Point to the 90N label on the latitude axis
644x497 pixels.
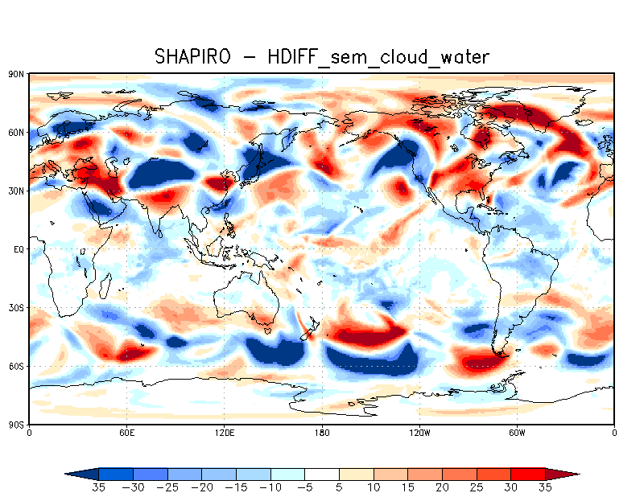coord(15,74)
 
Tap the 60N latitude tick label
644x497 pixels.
coord(15,133)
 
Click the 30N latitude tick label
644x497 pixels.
coord(15,191)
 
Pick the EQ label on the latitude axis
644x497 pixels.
coord(18,250)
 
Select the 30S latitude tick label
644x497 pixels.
coord(15,308)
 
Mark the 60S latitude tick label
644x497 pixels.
coord(15,367)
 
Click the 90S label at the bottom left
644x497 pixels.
coord(15,425)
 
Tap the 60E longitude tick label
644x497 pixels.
coord(126,433)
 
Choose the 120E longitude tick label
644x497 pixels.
coord(224,433)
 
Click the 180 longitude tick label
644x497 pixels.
coord(322,433)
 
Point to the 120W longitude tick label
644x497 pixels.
coord(419,433)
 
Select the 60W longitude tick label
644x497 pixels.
coord(517,433)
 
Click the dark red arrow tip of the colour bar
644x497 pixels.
coord(568,474)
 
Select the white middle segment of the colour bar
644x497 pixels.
coord(322,474)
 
